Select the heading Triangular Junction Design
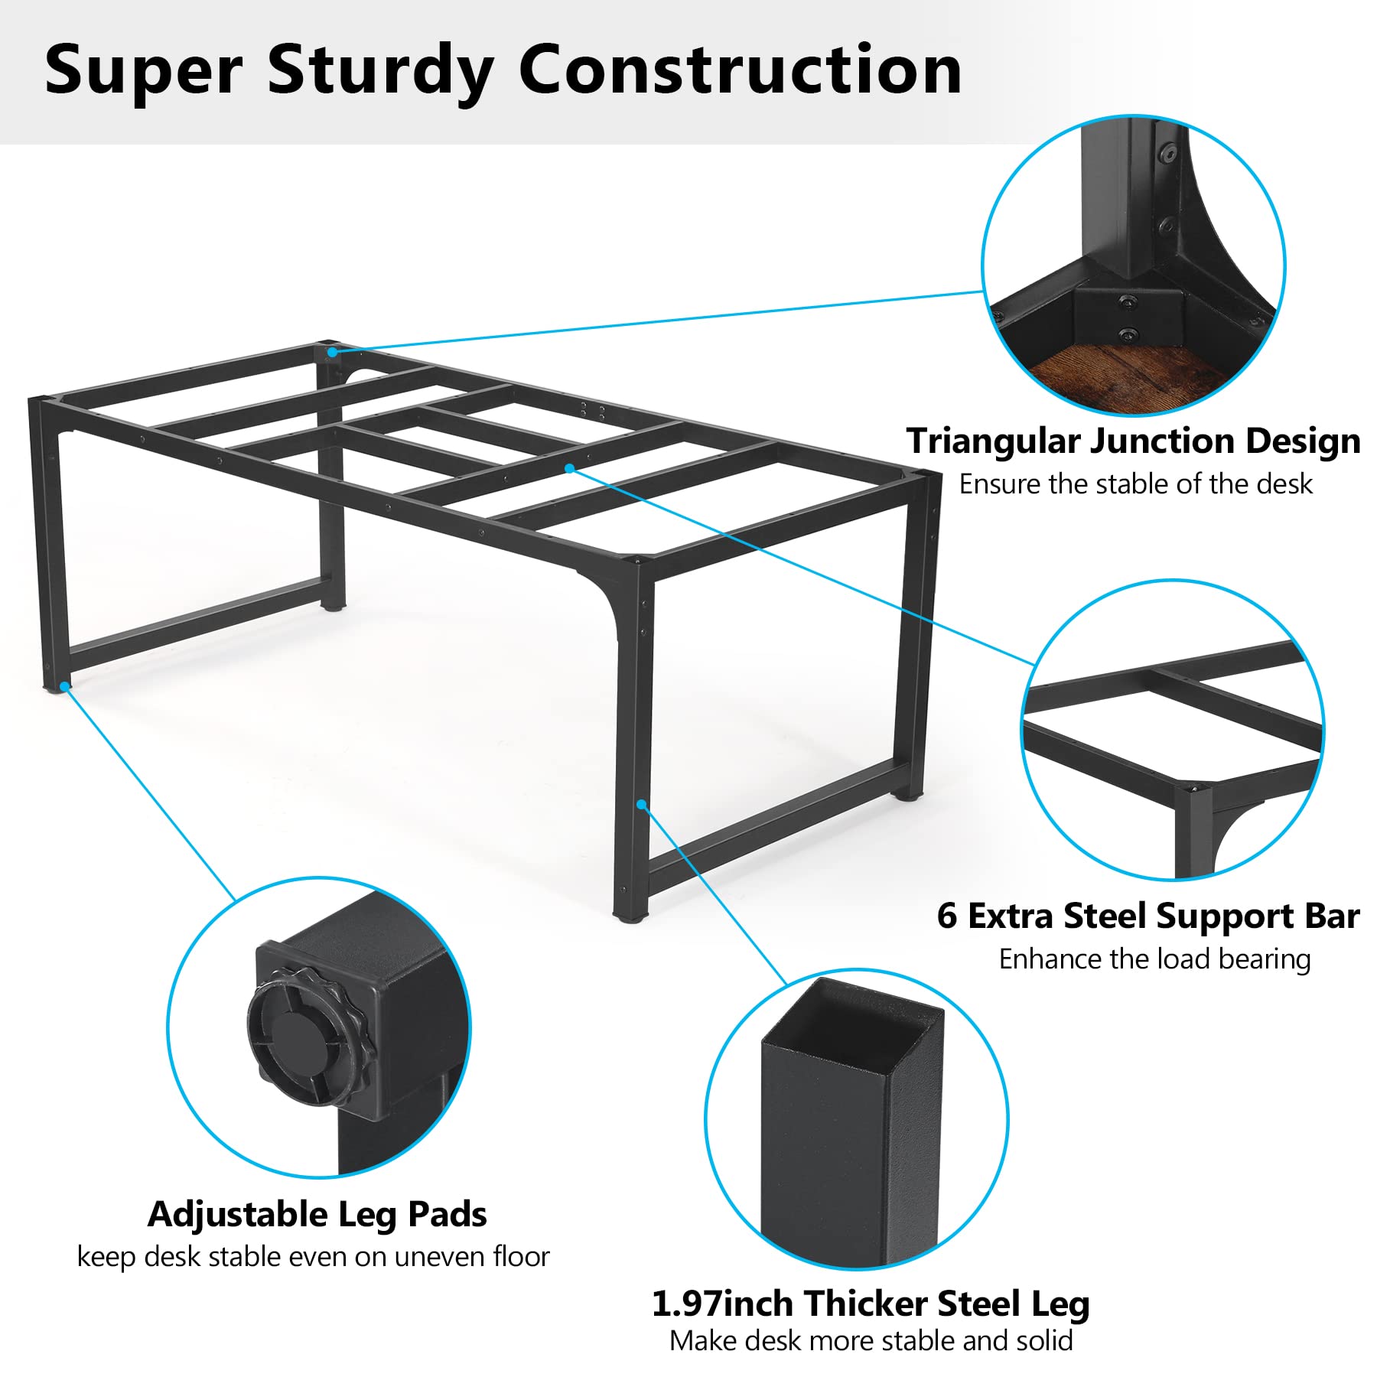pos(1134,442)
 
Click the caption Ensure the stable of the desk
pos(1136,484)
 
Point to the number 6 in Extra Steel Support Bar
pos(947,916)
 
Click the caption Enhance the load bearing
pos(1155,959)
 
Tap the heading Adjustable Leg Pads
pos(317,1216)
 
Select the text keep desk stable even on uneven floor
pos(314,1257)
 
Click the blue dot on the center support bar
pos(570,468)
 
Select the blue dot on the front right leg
pos(642,804)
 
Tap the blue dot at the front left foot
pos(65,686)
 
